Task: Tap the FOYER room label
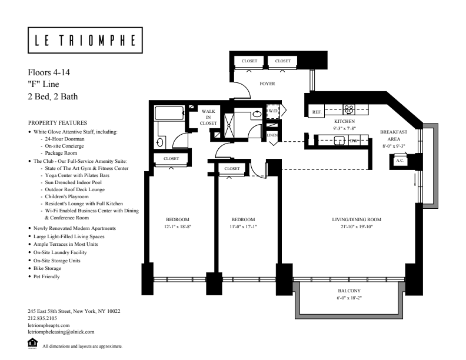pyautogui.click(x=267, y=84)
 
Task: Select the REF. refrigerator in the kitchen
pyautogui.click(x=317, y=112)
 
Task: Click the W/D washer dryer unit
pyautogui.click(x=273, y=111)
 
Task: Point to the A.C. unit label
pyautogui.click(x=400, y=161)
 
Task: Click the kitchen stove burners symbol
pyautogui.click(x=348, y=109)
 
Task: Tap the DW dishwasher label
pyautogui.click(x=354, y=141)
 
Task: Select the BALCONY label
pyautogui.click(x=349, y=291)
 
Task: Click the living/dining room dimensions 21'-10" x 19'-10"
pyautogui.click(x=357, y=226)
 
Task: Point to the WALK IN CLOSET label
pyautogui.click(x=208, y=117)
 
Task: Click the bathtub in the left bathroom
pyautogui.click(x=169, y=113)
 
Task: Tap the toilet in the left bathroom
pyautogui.click(x=159, y=142)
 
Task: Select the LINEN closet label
pyautogui.click(x=272, y=135)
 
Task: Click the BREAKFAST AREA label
pyautogui.click(x=394, y=135)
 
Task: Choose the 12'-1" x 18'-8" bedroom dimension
pyautogui.click(x=178, y=226)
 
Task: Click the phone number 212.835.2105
pyautogui.click(x=42, y=318)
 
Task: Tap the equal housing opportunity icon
pyautogui.click(x=32, y=343)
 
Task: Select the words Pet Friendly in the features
pyautogui.click(x=46, y=276)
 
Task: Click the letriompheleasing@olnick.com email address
pyautogui.click(x=61, y=332)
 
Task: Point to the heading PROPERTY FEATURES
pyautogui.click(x=58, y=123)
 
